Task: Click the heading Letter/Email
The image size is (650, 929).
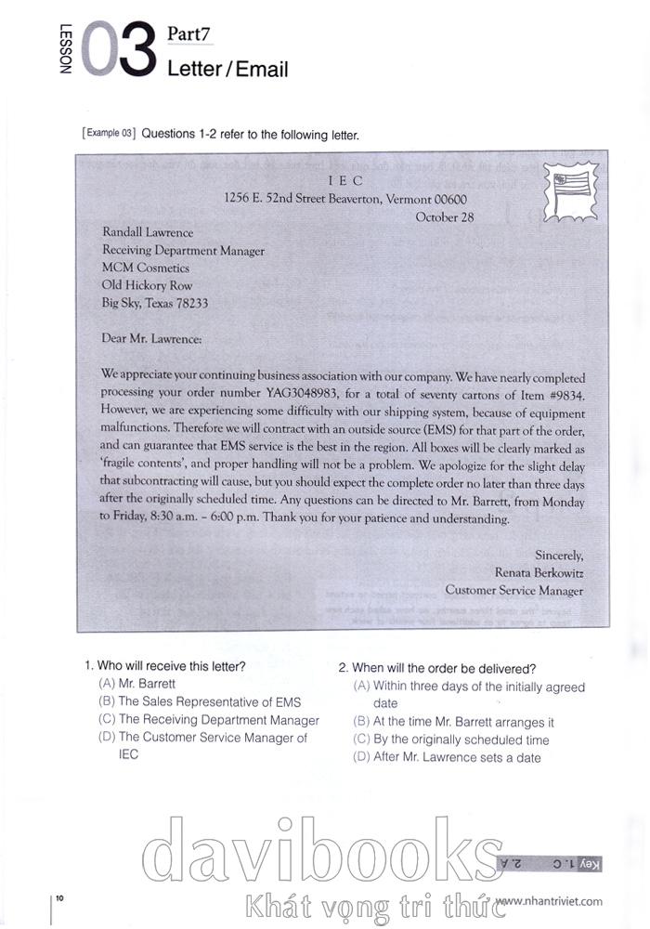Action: point(227,70)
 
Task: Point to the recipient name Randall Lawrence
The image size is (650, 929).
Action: point(148,233)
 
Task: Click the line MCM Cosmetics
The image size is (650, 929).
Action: point(146,268)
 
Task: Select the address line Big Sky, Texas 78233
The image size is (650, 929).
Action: point(155,303)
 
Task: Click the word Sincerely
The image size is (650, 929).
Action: point(559,555)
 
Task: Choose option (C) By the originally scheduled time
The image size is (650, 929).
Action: point(451,739)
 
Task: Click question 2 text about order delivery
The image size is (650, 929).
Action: point(436,668)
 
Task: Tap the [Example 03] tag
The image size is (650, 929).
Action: point(109,134)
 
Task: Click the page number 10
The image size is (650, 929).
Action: point(59,897)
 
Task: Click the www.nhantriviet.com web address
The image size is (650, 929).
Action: point(549,900)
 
